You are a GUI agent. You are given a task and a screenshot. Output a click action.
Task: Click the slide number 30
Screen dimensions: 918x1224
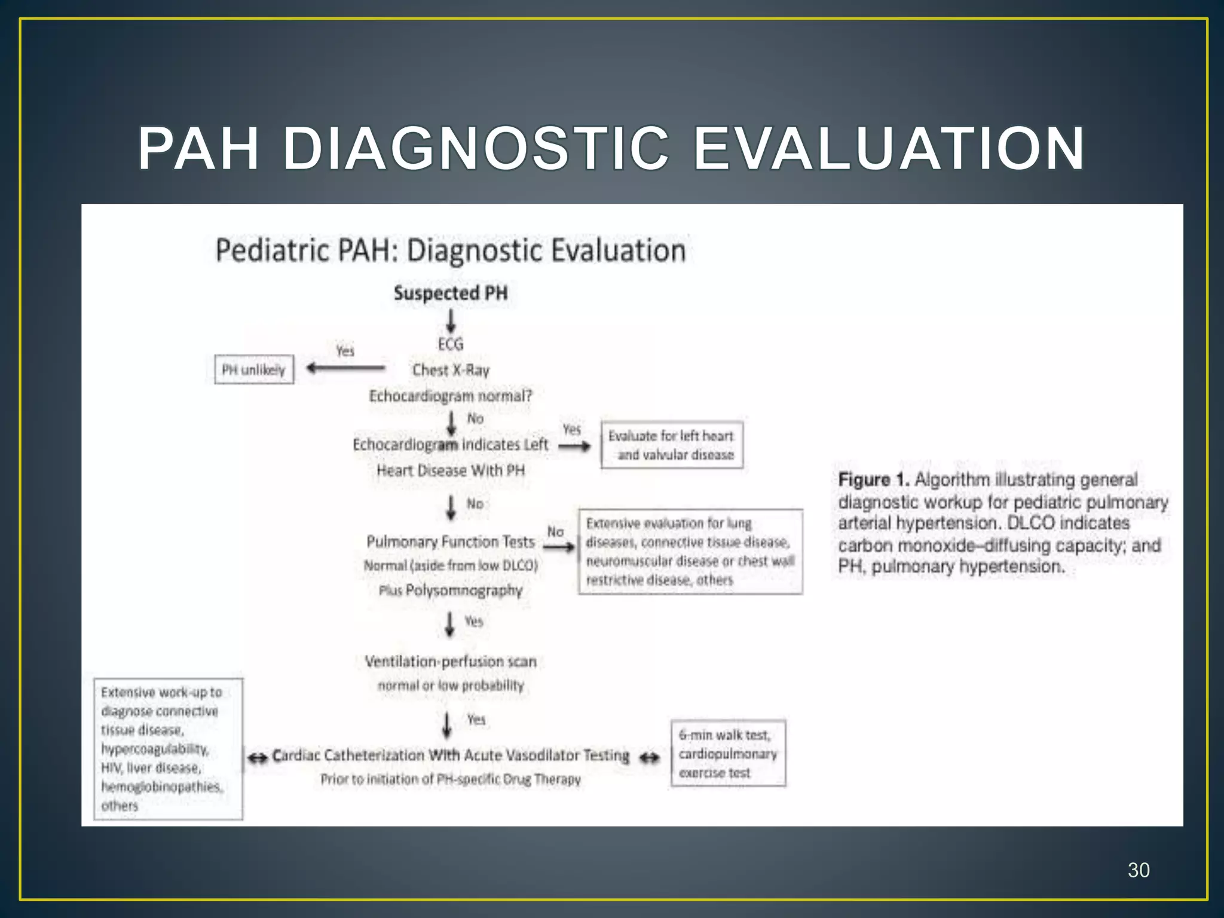(1138, 870)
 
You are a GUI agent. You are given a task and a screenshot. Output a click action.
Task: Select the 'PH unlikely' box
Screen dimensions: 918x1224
(254, 369)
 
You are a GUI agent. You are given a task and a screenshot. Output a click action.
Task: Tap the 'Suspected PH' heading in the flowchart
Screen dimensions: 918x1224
(451, 293)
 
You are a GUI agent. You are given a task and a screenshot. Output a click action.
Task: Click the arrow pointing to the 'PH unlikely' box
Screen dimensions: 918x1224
(345, 368)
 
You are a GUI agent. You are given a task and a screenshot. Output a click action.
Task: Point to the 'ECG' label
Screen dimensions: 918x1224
(451, 344)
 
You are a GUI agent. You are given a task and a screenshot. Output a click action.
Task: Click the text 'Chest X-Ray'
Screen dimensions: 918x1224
(451, 370)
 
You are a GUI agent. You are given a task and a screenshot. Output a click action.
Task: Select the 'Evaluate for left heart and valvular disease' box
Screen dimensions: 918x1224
(672, 445)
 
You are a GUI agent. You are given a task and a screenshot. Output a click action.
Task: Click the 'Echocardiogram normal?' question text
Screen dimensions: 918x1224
(451, 396)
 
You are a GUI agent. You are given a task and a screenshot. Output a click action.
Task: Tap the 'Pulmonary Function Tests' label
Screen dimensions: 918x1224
(451, 541)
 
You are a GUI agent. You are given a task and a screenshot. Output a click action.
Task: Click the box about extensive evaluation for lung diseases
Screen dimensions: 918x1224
(690, 551)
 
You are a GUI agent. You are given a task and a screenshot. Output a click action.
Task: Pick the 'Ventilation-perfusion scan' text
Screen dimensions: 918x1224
(451, 662)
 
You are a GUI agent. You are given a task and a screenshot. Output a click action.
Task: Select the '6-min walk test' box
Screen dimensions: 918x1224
(727, 753)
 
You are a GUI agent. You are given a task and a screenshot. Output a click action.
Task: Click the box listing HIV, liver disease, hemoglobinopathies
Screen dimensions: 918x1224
(168, 748)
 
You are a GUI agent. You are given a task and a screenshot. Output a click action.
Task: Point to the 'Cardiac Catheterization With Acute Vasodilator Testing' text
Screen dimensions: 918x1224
(451, 755)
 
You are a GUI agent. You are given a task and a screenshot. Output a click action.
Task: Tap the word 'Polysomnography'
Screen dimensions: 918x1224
(464, 590)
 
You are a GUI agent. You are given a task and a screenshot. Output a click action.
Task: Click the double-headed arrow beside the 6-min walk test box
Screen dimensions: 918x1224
(650, 758)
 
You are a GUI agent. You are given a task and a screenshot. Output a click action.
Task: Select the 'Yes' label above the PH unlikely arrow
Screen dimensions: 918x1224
(345, 351)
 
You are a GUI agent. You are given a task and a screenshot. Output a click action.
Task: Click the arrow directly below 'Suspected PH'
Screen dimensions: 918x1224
(451, 321)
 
